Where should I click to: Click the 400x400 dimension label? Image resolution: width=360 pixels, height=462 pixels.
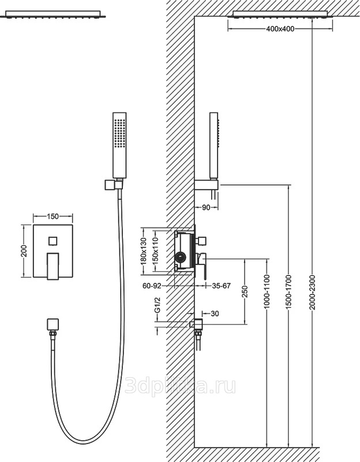[280, 29]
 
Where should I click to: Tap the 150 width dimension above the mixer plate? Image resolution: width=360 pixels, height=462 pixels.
[53, 217]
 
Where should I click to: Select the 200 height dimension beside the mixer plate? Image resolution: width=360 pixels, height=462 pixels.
[24, 251]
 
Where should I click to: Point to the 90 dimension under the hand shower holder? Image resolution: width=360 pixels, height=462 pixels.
[207, 207]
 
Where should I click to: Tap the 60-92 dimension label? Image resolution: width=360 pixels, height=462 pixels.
[152, 285]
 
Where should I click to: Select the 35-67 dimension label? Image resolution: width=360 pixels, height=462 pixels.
[222, 285]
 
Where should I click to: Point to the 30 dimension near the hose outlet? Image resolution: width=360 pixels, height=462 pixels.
[215, 314]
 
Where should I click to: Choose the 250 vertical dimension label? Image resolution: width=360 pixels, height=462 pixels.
[246, 292]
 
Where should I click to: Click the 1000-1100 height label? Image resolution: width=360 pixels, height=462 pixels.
[267, 292]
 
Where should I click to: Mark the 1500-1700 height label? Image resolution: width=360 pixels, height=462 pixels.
[288, 292]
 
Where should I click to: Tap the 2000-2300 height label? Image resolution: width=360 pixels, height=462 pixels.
[312, 292]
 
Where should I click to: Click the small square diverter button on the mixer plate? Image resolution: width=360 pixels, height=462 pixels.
[53, 241]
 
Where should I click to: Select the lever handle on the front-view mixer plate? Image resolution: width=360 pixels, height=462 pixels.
[53, 266]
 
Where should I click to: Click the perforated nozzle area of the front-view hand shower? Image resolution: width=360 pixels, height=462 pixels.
[120, 133]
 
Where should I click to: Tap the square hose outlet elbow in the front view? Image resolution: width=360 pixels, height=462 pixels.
[52, 325]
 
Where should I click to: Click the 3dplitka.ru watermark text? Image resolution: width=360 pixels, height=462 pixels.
[180, 385]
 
